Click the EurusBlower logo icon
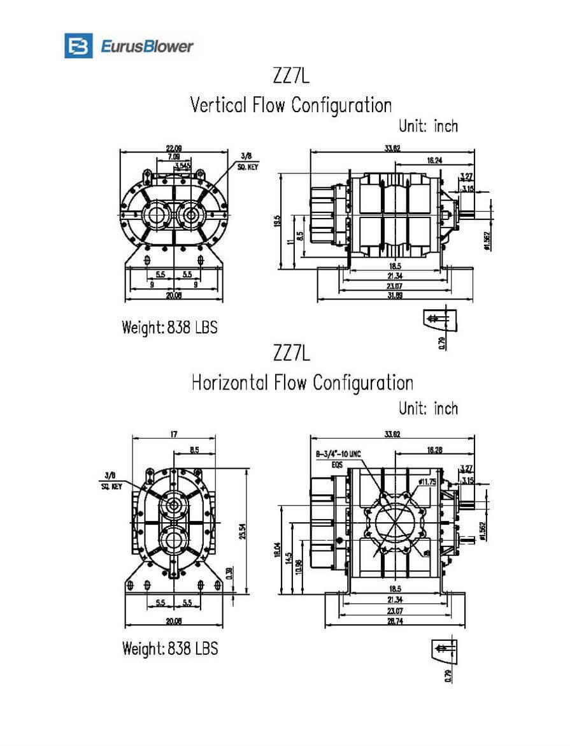tap(78, 46)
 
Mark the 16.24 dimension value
tap(435, 161)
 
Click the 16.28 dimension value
tap(435, 450)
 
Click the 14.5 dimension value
tap(289, 560)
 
